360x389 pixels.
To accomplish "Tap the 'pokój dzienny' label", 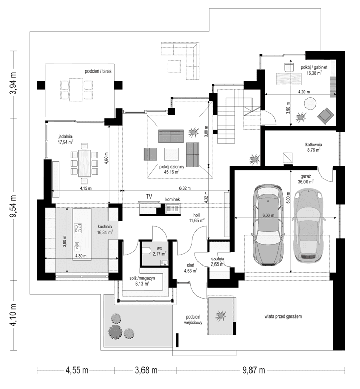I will pyautogui.click(x=172, y=167).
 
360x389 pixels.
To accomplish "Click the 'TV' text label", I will pyautogui.click(x=149, y=197).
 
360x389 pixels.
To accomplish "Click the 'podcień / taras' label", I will pyautogui.click(x=99, y=70).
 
